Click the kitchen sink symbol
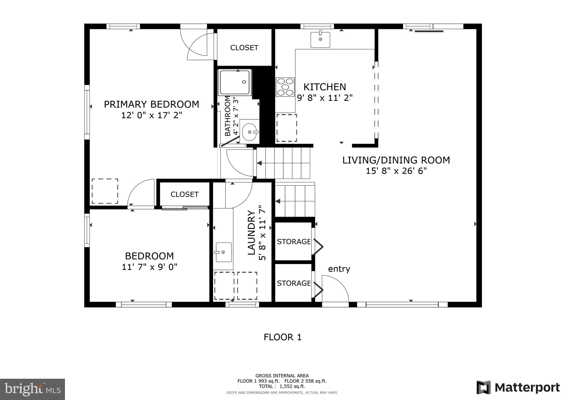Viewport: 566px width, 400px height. click(320, 40)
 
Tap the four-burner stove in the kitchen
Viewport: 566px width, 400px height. click(285, 87)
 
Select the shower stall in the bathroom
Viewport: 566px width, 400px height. click(235, 82)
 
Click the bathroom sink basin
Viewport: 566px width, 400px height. click(250, 132)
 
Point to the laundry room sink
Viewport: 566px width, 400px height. click(223, 252)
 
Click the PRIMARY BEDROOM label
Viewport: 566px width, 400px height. click(151, 104)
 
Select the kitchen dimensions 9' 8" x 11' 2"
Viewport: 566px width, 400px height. click(325, 98)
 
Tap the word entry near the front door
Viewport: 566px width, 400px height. click(339, 269)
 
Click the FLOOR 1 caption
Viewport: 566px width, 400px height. click(282, 337)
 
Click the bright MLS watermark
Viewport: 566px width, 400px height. click(32, 389)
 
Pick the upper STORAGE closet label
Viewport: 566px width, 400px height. click(294, 242)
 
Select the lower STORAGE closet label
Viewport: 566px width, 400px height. click(294, 283)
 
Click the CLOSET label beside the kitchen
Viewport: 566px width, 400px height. click(244, 48)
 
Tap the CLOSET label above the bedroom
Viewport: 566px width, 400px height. click(184, 194)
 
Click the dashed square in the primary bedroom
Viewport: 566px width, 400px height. click(105, 191)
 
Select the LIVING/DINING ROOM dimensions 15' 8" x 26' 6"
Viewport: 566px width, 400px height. click(396, 171)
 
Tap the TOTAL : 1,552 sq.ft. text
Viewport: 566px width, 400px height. click(282, 386)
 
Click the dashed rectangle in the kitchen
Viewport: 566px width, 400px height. click(287, 128)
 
